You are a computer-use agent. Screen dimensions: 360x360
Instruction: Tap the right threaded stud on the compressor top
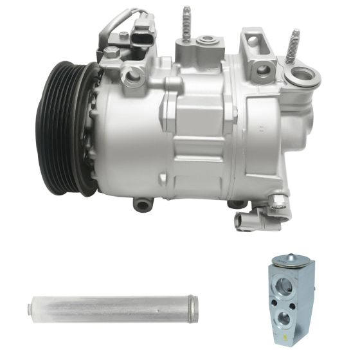[x=293, y=45]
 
